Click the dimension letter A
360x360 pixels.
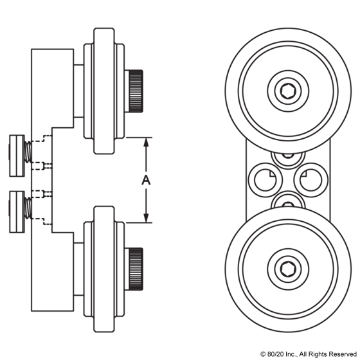pyautogui.click(x=146, y=181)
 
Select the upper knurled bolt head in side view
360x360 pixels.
pyautogui.click(x=136, y=89)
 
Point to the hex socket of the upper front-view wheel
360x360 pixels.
pyautogui.click(x=287, y=91)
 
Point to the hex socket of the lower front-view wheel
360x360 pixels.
pyautogui.click(x=287, y=268)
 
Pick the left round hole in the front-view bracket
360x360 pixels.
pyautogui.click(x=264, y=180)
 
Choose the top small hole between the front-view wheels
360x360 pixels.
pyautogui.click(x=287, y=156)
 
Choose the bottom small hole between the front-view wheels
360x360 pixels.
pyautogui.click(x=287, y=202)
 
